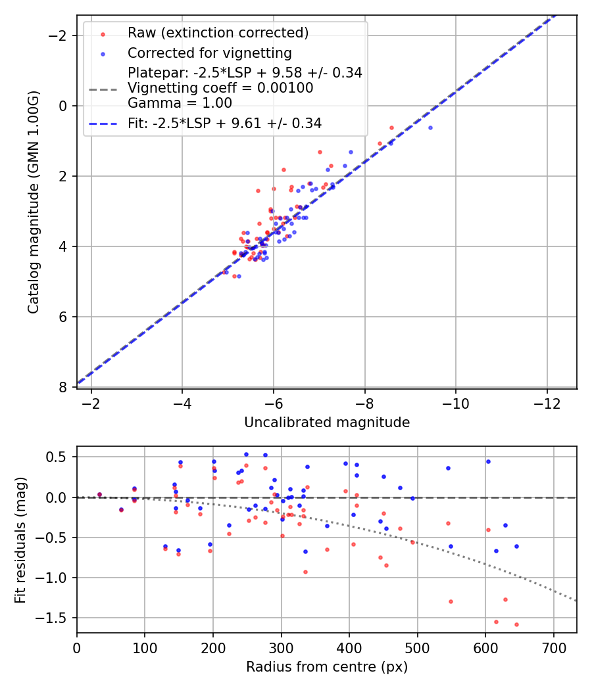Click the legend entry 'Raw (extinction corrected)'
[218, 33]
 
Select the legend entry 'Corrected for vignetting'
[209, 53]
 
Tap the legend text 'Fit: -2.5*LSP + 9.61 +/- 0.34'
[224, 123]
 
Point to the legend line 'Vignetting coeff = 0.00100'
[220, 88]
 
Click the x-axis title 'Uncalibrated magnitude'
[327, 423]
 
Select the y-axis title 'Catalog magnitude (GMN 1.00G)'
[34, 202]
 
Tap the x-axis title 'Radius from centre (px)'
[327, 667]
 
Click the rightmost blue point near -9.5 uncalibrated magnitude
[430, 127]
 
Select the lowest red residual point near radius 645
[516, 624]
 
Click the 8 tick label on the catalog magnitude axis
[64, 387]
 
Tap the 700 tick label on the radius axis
[553, 647]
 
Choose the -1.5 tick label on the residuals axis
[57, 618]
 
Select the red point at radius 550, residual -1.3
[451, 601]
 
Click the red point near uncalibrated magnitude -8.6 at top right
[391, 127]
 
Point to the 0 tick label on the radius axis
[77, 647]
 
